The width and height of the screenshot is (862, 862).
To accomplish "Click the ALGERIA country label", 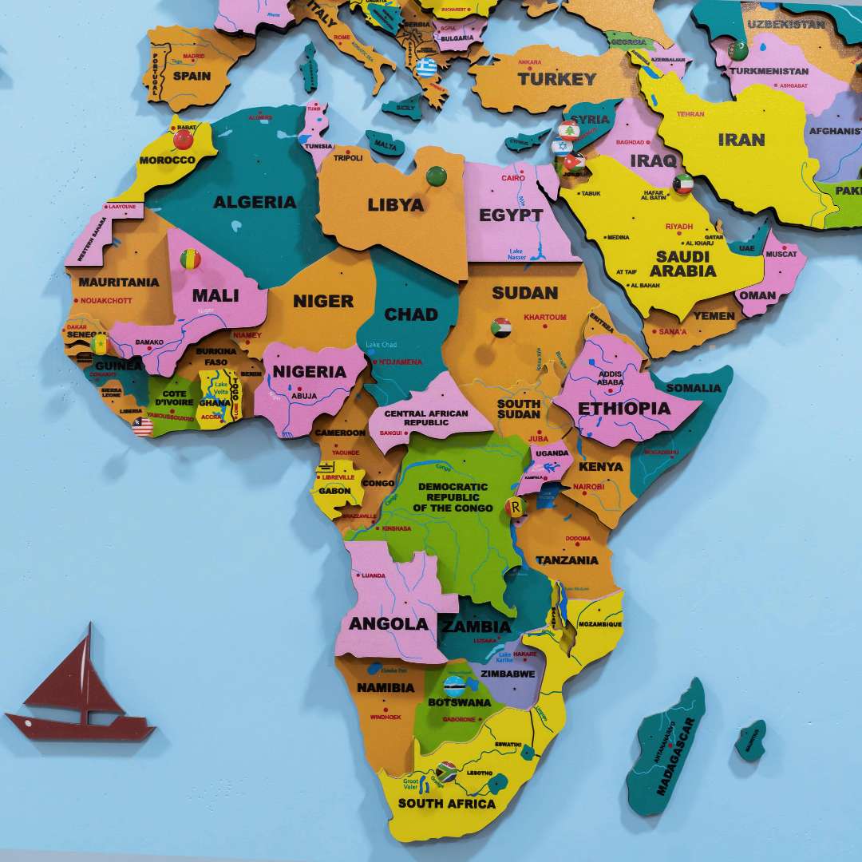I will (254, 202).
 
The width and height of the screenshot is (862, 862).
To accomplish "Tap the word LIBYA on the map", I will (395, 205).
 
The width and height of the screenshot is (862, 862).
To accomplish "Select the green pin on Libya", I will (436, 176).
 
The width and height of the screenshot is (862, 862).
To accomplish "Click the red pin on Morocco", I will (184, 140).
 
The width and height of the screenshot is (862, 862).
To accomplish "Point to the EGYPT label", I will (511, 215).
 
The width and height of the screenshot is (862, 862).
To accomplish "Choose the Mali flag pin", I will (190, 259).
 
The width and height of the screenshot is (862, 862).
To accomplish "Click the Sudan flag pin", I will (501, 327).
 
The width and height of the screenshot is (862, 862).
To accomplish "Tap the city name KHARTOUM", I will (545, 318).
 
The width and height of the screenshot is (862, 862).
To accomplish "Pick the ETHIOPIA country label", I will (624, 409).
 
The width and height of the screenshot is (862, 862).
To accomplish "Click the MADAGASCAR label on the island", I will (677, 756).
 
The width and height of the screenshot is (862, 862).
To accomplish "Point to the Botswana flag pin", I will (455, 685).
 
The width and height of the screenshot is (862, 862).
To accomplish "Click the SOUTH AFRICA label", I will (447, 803).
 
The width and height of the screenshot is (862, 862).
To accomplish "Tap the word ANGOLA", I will (389, 624).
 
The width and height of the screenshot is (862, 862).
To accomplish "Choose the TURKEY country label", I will (557, 79).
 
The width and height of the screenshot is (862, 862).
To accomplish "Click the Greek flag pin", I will (426, 67).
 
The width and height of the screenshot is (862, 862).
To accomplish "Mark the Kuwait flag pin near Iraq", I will (683, 184).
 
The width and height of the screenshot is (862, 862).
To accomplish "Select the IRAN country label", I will (741, 140).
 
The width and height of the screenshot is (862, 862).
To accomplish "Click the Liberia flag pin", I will (143, 426).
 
